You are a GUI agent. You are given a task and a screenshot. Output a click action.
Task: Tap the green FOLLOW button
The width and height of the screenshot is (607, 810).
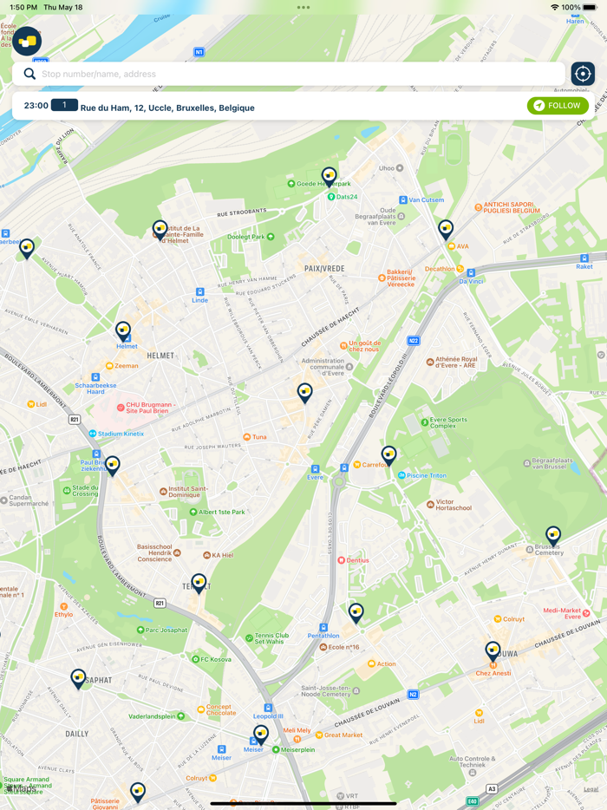click(x=558, y=106)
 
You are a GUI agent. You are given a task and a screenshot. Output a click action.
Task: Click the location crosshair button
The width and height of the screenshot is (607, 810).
click(x=583, y=74)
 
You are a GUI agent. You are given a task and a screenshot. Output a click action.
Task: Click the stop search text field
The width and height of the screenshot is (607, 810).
click(x=295, y=74)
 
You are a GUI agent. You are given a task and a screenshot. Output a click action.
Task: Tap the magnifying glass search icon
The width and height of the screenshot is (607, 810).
click(x=29, y=74)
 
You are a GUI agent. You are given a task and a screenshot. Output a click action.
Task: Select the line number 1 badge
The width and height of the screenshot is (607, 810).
click(x=64, y=105)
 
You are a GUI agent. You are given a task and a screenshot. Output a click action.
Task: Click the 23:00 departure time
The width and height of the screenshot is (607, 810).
click(x=36, y=106)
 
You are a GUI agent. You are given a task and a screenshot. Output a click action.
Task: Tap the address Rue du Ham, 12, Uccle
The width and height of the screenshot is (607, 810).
click(x=167, y=108)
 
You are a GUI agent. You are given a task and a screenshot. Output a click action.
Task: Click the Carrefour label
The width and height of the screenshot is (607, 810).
click(x=375, y=465)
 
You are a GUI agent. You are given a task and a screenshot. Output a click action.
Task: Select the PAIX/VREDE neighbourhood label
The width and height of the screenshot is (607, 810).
click(x=324, y=269)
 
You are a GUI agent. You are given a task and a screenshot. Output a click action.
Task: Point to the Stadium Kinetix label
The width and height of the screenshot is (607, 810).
click(x=121, y=434)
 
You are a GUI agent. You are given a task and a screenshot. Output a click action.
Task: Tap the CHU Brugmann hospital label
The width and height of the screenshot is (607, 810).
click(x=150, y=408)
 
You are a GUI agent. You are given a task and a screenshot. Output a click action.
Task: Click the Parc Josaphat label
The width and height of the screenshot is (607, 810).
click(x=165, y=630)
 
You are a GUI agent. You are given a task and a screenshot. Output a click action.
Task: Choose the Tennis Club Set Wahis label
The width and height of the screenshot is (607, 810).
click(x=271, y=638)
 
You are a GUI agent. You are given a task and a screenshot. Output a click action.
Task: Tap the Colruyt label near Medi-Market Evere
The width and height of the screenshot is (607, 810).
click(x=514, y=619)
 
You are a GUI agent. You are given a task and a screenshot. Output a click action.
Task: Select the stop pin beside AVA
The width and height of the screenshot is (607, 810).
click(x=446, y=228)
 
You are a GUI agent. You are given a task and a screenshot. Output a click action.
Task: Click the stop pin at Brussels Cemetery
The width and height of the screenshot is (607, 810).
click(x=553, y=535)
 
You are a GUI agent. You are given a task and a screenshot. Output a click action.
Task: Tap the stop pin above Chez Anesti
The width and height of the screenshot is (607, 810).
click(x=493, y=650)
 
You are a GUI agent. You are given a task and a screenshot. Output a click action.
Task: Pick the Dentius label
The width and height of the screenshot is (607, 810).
click(x=357, y=560)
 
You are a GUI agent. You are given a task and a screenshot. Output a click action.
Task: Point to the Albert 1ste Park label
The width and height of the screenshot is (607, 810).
click(x=221, y=513)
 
